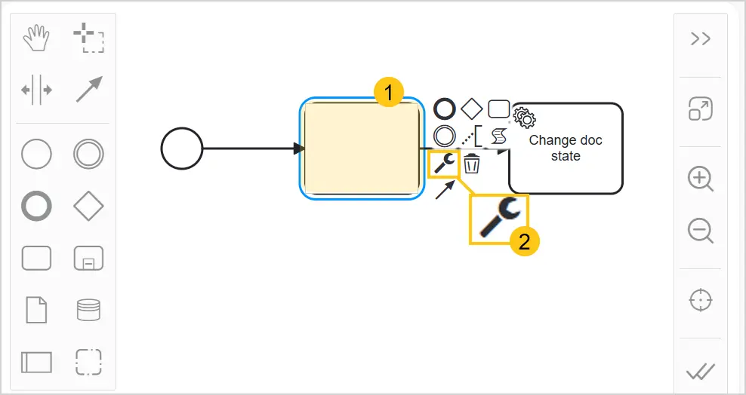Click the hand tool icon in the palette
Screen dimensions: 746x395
[x=36, y=38]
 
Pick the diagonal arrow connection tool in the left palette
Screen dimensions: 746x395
[x=89, y=89]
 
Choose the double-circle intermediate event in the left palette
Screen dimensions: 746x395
[x=88, y=155]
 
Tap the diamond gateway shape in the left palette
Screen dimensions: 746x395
[x=88, y=206]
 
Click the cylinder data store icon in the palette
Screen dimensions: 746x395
[x=88, y=310]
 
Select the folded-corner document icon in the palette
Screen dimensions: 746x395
[x=37, y=310]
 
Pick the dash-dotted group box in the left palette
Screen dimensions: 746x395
[x=88, y=362]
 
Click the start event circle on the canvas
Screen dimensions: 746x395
[x=182, y=149]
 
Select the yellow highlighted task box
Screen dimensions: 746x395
[x=362, y=148]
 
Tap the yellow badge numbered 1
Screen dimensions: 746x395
[x=389, y=93]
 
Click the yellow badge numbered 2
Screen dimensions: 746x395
[x=524, y=242]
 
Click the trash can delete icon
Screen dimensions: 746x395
[x=472, y=164]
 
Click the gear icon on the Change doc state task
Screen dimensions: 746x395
[x=525, y=118]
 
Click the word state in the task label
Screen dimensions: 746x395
[x=566, y=156]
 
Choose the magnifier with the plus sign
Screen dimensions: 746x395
[x=701, y=179]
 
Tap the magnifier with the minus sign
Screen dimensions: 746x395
[x=701, y=231]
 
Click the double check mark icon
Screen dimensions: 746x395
[x=701, y=372]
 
